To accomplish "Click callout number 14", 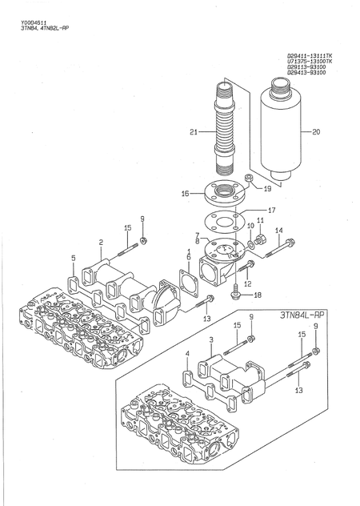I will coord(278,231).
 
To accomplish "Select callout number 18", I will coord(257,295).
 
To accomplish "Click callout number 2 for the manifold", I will coord(101,242).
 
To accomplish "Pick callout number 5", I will coord(73,258).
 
